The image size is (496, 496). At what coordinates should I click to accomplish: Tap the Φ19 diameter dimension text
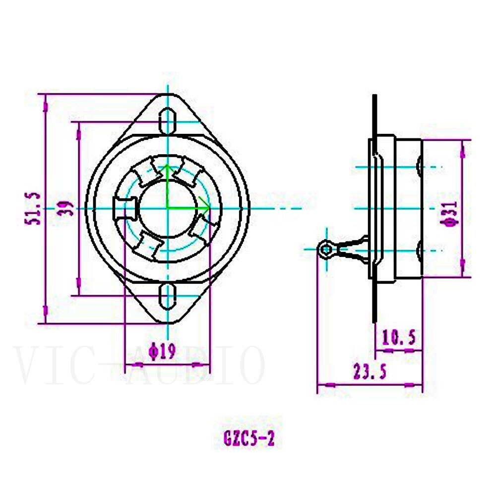(x=162, y=352)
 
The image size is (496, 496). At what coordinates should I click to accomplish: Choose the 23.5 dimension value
(x=369, y=372)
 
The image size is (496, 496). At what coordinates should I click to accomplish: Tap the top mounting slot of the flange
(x=169, y=121)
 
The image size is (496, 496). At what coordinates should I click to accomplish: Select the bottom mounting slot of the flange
(x=169, y=296)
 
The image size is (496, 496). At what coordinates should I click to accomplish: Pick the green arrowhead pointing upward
(x=167, y=171)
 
